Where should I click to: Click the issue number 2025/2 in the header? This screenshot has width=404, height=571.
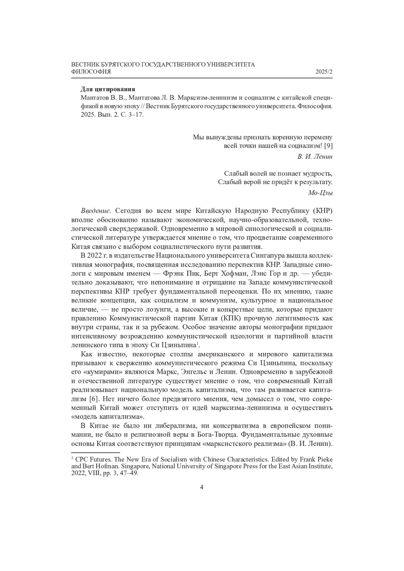[x=324, y=72]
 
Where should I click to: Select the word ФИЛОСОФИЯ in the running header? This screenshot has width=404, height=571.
[x=91, y=72]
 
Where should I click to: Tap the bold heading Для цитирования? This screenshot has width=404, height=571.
[x=108, y=89]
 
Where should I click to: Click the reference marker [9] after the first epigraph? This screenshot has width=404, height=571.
[x=328, y=146]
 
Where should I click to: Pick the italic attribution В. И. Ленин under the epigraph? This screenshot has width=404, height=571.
[x=315, y=156]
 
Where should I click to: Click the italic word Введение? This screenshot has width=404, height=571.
[x=95, y=211]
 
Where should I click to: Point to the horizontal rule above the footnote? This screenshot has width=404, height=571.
[x=96, y=453]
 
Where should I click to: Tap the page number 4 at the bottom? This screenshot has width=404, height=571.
[x=202, y=487]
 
